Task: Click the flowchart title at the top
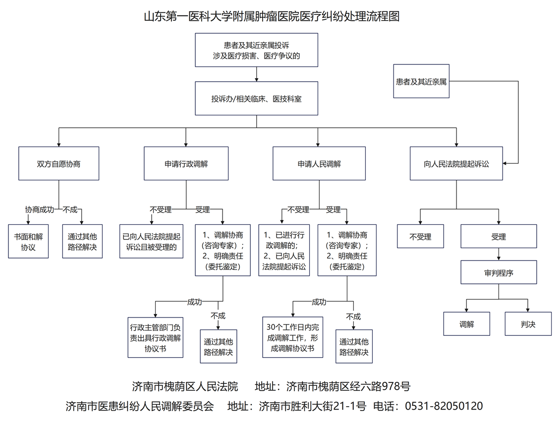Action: (272, 16)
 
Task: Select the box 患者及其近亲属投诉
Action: (256, 50)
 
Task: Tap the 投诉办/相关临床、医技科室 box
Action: (256, 99)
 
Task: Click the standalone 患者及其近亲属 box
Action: (421, 81)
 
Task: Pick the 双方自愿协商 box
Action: (58, 163)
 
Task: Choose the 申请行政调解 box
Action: (186, 163)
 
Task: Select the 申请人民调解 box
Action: (319, 163)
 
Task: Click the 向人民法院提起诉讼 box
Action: (456, 163)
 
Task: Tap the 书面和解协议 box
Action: (28, 241)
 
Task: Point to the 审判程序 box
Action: (499, 272)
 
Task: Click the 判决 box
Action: (528, 324)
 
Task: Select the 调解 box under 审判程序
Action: (467, 324)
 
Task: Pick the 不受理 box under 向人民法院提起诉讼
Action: (420, 237)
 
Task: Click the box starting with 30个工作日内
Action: (292, 337)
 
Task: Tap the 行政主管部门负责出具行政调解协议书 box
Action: (156, 337)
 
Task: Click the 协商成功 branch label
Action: (40, 210)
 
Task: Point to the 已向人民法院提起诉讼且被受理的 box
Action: (152, 241)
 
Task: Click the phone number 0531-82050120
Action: (444, 407)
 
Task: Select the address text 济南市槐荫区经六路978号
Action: (348, 386)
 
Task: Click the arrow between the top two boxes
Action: (257, 74)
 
